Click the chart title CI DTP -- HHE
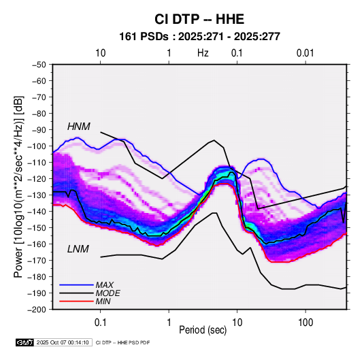pyautogui.click(x=199, y=19)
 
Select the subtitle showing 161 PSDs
pyautogui.click(x=199, y=37)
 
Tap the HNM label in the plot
pyautogui.click(x=79, y=127)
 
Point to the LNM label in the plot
pyautogui.click(x=78, y=249)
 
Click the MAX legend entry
pyautogui.click(x=105, y=284)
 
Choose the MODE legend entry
pyautogui.click(x=108, y=293)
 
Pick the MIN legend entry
pyautogui.click(x=103, y=301)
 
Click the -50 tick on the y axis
pyautogui.click(x=39, y=65)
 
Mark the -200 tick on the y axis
pyautogui.click(x=37, y=310)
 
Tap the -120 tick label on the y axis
pyautogui.click(x=37, y=178)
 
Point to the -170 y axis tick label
pyautogui.click(x=37, y=261)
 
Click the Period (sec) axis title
pyautogui.click(x=203, y=330)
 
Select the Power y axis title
pyautogui.click(x=18, y=187)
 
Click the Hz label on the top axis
pyautogui.click(x=203, y=53)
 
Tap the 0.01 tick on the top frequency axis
pyautogui.click(x=305, y=53)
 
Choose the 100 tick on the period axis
pyautogui.click(x=305, y=323)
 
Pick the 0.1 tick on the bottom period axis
pyautogui.click(x=100, y=323)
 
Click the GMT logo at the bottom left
pyautogui.click(x=25, y=342)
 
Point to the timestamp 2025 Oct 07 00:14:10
pyautogui.click(x=63, y=342)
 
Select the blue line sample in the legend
pyautogui.click(x=76, y=284)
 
